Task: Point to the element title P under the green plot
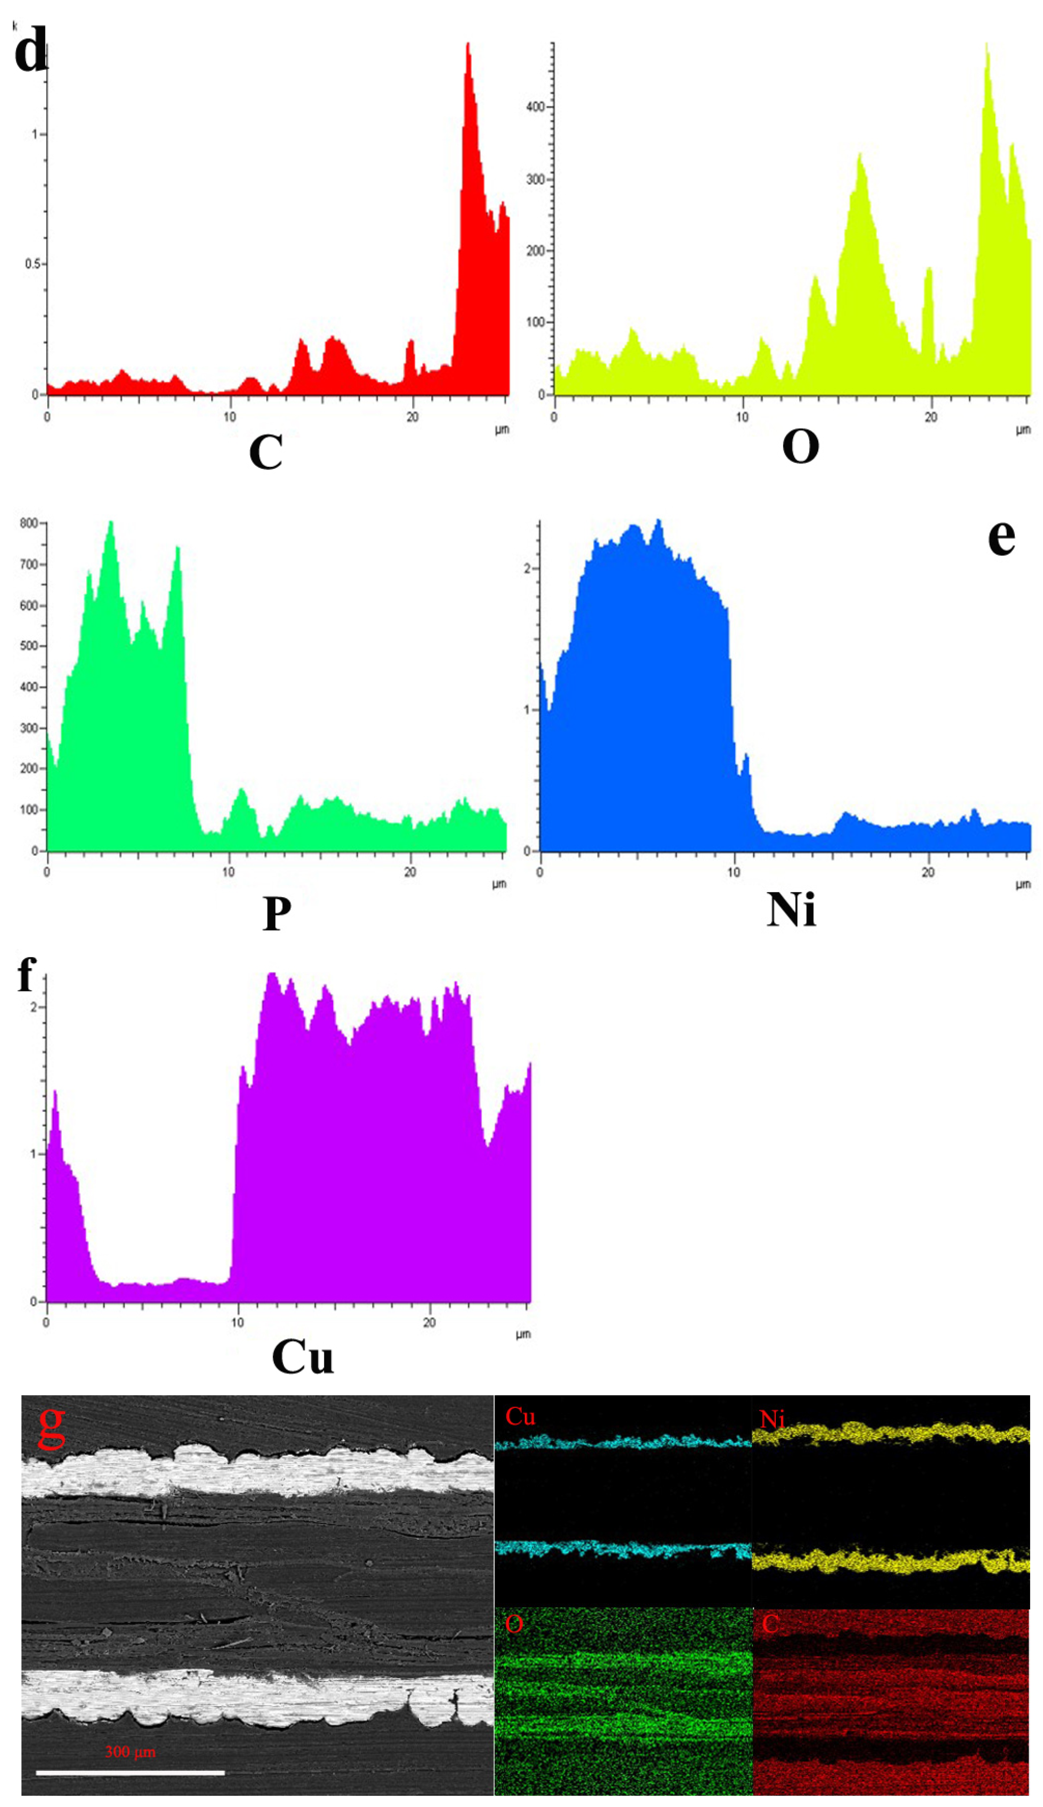(277, 913)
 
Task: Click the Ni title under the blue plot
(791, 910)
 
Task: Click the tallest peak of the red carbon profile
(468, 44)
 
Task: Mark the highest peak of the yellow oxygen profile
(987, 44)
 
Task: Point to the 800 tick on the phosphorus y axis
(29, 524)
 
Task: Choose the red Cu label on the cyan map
(520, 1417)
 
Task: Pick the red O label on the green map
(513, 1624)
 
